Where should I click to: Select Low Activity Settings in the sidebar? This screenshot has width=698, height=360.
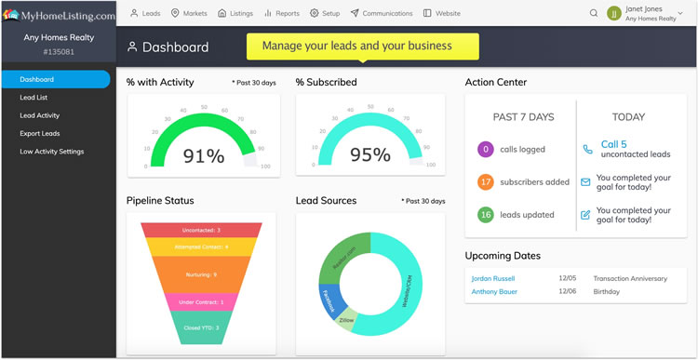click(52, 151)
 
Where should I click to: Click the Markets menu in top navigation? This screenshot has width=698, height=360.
click(188, 14)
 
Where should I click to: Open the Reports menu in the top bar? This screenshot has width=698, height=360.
click(282, 14)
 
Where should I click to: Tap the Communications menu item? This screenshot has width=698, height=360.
click(382, 14)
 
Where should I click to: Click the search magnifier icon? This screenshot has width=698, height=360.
click(594, 14)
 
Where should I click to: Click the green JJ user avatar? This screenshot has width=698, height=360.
click(614, 13)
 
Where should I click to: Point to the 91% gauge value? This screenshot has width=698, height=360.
click(203, 156)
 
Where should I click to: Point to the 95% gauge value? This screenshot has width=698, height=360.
click(370, 156)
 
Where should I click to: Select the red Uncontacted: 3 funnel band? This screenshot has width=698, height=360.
click(200, 230)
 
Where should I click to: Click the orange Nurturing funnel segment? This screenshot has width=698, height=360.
click(200, 274)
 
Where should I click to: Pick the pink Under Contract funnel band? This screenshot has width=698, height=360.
click(200, 302)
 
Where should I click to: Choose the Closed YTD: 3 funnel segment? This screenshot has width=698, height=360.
click(200, 327)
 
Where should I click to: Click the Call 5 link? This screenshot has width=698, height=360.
click(613, 144)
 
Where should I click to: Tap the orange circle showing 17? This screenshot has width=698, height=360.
click(484, 182)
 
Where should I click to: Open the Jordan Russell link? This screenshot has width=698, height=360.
click(492, 278)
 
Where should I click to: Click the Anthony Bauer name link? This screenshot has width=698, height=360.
click(493, 291)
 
